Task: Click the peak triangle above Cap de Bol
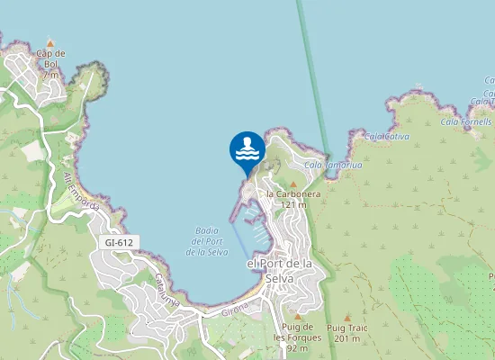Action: coord(51,42)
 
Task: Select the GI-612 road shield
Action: coord(119,242)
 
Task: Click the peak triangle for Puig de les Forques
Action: coord(297,317)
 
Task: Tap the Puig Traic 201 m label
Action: coord(347,332)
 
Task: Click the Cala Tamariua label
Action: coord(327,166)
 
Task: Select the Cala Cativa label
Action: coord(387,137)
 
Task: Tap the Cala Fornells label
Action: coord(466,121)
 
